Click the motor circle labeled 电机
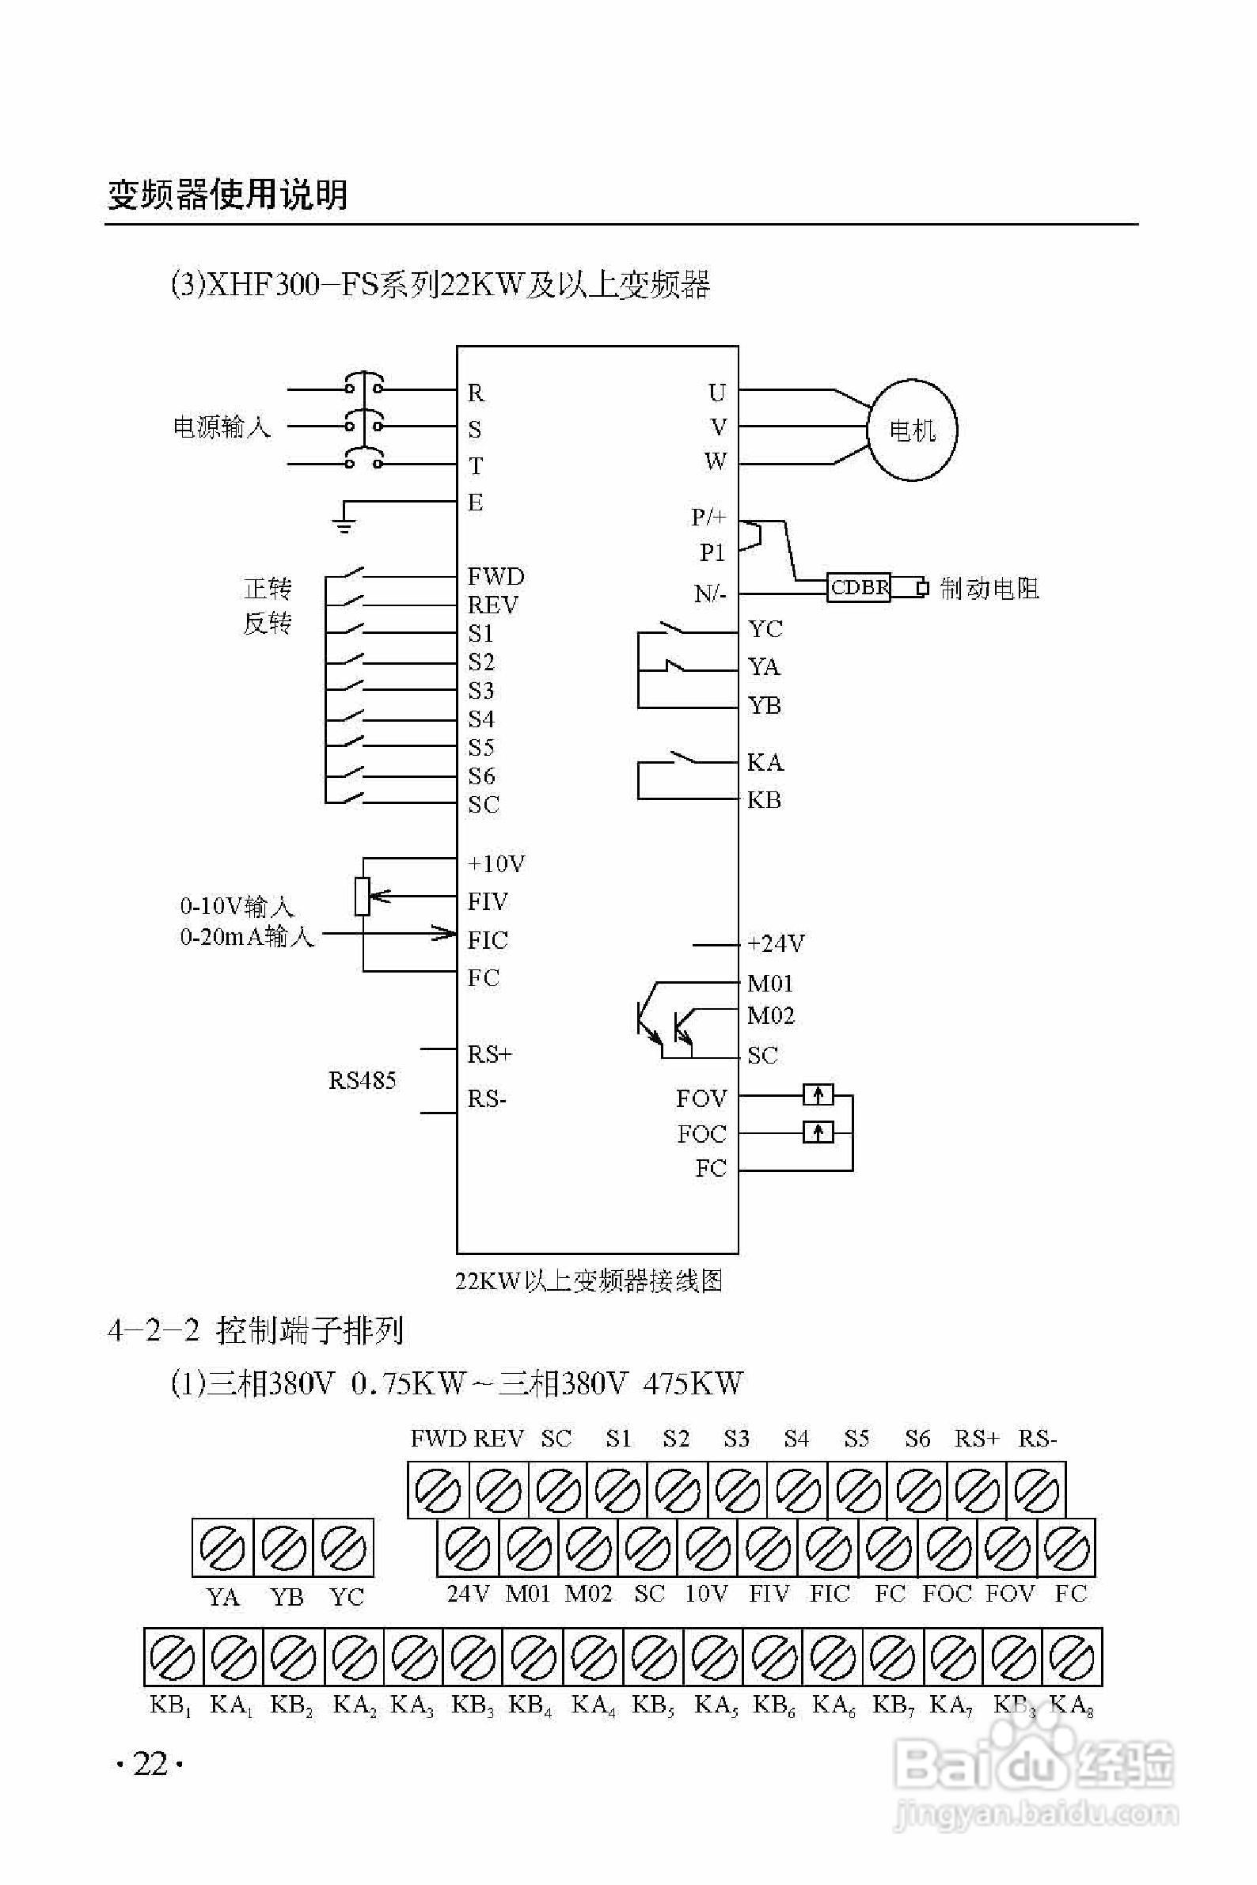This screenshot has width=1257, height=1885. [912, 431]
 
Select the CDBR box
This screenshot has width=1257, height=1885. [859, 587]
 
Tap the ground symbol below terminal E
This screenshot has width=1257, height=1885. [344, 524]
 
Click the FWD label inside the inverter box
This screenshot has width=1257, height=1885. [496, 576]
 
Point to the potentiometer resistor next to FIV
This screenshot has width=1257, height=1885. [363, 896]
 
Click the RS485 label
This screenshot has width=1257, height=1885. [362, 1080]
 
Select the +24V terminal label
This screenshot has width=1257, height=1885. [774, 943]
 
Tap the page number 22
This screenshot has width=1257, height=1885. [150, 1764]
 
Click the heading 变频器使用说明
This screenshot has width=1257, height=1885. [228, 195]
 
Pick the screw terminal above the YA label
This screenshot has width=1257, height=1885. [222, 1548]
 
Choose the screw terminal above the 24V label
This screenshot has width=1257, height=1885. [467, 1548]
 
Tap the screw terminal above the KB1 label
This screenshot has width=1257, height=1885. [173, 1657]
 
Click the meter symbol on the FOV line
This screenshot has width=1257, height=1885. [818, 1094]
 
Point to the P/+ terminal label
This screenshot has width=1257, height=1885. [708, 517]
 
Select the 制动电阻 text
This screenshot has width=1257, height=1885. [989, 589]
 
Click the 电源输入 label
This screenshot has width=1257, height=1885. [222, 427]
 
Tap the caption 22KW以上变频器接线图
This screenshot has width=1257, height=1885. [588, 1280]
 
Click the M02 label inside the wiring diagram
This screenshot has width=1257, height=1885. [770, 1016]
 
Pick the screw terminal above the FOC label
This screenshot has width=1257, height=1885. [949, 1548]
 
